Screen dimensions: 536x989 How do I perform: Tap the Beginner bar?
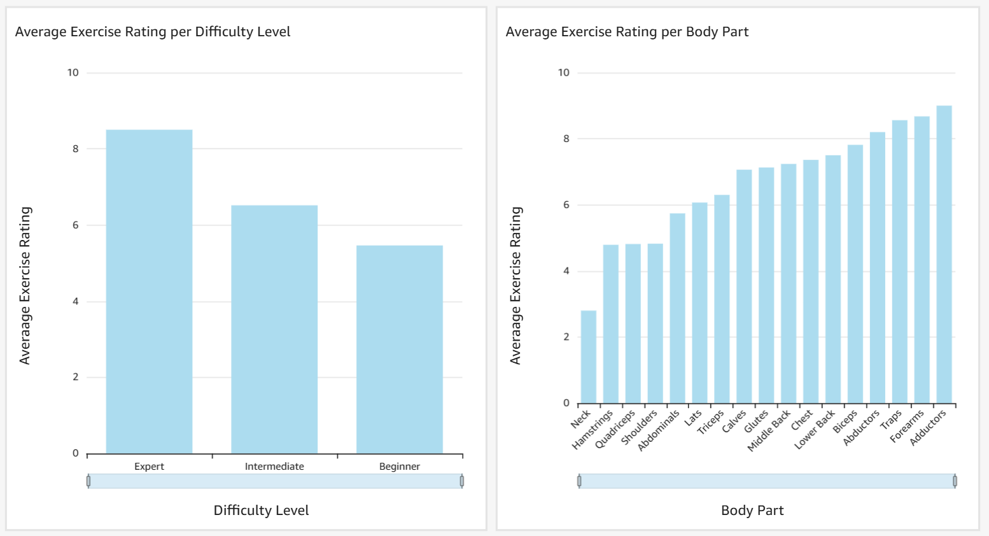399,349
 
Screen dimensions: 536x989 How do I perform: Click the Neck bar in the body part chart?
588,357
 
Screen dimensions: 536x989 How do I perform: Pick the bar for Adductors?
944,255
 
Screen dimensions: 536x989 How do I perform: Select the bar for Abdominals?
677,308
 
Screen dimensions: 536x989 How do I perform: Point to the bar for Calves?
744,286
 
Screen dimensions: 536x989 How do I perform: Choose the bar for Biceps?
855,274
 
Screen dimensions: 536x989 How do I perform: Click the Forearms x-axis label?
907,427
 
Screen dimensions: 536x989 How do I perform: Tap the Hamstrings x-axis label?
593,429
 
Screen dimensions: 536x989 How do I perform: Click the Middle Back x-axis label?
769,430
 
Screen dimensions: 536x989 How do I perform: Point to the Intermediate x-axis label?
274,467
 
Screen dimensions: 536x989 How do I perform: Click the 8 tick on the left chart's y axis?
76,149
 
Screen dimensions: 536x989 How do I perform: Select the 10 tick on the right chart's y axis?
564,73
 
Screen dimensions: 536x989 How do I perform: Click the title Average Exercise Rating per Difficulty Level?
153,32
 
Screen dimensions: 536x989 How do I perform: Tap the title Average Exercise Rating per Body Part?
627,32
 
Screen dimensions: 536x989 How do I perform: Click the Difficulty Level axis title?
261,511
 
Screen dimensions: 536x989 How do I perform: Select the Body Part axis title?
752,511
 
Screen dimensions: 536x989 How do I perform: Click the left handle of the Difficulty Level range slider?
88,481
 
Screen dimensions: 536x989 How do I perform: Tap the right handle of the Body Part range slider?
955,481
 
